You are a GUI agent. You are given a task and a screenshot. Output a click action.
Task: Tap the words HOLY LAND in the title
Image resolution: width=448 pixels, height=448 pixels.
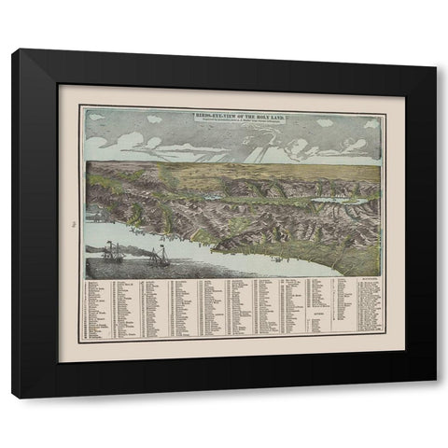click(270, 113)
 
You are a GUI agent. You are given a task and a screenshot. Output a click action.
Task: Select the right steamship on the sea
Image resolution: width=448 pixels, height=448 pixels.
click(160, 255)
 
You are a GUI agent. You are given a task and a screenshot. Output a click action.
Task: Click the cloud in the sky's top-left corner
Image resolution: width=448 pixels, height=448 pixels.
click(95, 118)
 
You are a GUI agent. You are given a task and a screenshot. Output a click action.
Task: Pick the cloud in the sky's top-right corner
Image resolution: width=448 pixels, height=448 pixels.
click(371, 122)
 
